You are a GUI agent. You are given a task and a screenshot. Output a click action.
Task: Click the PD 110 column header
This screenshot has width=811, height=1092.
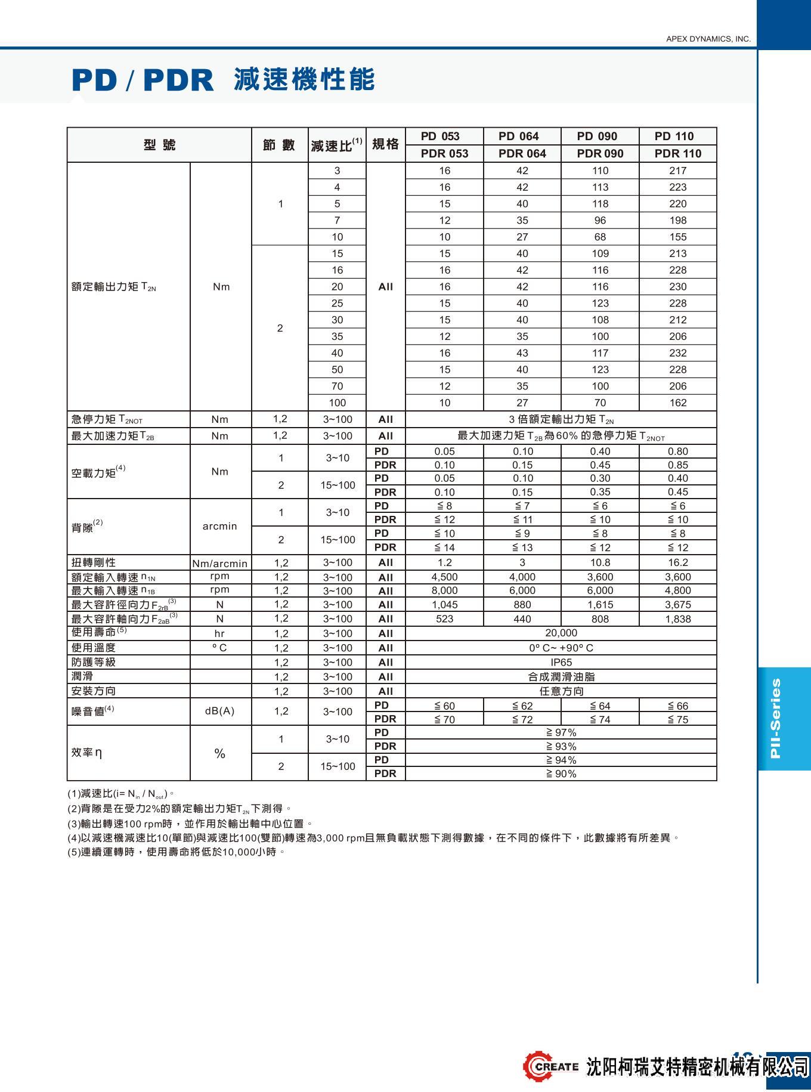click(677, 136)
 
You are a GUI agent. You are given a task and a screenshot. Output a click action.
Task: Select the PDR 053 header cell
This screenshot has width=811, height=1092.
click(444, 153)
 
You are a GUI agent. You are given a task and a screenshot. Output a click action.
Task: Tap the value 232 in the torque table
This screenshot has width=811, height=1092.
click(677, 353)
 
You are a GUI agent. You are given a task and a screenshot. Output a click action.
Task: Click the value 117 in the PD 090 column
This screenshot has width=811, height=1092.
click(600, 353)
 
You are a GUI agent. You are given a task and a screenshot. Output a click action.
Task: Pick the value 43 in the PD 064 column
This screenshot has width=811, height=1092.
click(522, 353)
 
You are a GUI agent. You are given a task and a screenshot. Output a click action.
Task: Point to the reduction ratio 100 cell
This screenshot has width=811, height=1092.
click(337, 403)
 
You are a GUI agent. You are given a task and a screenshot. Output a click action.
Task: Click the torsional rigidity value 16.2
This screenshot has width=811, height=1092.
click(677, 562)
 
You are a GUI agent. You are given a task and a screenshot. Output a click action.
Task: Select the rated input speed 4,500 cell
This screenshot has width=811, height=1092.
click(444, 577)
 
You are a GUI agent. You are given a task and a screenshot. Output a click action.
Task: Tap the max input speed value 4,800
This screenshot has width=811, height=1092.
click(677, 590)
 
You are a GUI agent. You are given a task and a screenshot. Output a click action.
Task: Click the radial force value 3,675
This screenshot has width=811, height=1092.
click(677, 605)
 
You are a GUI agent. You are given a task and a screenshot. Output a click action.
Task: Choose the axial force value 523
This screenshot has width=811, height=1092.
click(444, 619)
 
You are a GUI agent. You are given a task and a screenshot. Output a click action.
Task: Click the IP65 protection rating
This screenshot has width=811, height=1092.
click(561, 662)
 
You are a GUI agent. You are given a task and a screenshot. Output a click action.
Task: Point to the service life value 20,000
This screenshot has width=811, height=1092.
click(561, 633)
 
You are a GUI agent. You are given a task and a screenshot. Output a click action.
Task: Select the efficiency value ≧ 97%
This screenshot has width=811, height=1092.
click(561, 732)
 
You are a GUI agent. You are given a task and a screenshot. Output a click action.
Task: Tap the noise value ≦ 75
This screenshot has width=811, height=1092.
click(677, 719)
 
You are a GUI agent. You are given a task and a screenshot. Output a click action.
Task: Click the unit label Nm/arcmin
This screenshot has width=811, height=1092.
click(220, 563)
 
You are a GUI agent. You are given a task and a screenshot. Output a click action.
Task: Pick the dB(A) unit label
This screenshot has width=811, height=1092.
click(220, 711)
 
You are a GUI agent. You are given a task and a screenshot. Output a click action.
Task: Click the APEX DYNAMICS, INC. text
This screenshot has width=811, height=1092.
click(708, 39)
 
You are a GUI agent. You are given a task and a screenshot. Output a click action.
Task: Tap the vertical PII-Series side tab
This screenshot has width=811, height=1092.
click(776, 718)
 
